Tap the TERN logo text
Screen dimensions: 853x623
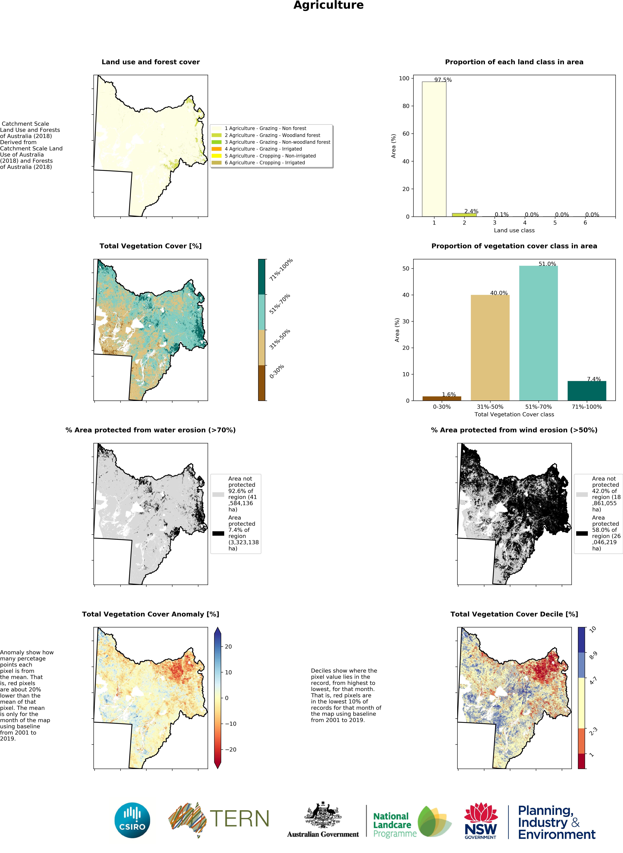[239, 819]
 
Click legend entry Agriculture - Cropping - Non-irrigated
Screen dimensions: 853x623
[270, 156]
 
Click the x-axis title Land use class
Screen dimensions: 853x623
[514, 230]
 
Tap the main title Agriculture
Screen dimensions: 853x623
[328, 5]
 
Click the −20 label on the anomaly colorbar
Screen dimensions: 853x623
[230, 749]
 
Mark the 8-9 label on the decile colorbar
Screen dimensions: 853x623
[593, 656]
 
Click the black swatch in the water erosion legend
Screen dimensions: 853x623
[218, 533]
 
